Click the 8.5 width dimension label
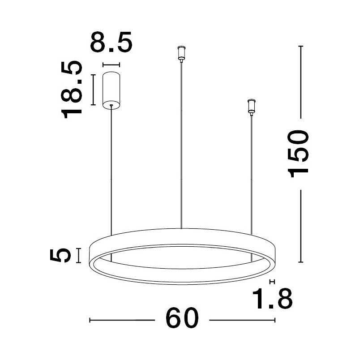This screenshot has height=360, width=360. (x=111, y=42)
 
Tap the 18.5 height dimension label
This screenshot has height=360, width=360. (x=71, y=90)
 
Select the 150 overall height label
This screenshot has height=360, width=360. (x=298, y=154)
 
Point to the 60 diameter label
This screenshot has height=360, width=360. (x=182, y=318)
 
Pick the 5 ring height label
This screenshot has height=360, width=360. (x=60, y=255)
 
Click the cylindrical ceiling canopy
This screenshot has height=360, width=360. (x=111, y=90)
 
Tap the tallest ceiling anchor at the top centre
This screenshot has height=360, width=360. (x=182, y=53)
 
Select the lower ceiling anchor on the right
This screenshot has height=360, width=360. (x=252, y=106)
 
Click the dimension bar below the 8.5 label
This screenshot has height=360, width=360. (x=111, y=65)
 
